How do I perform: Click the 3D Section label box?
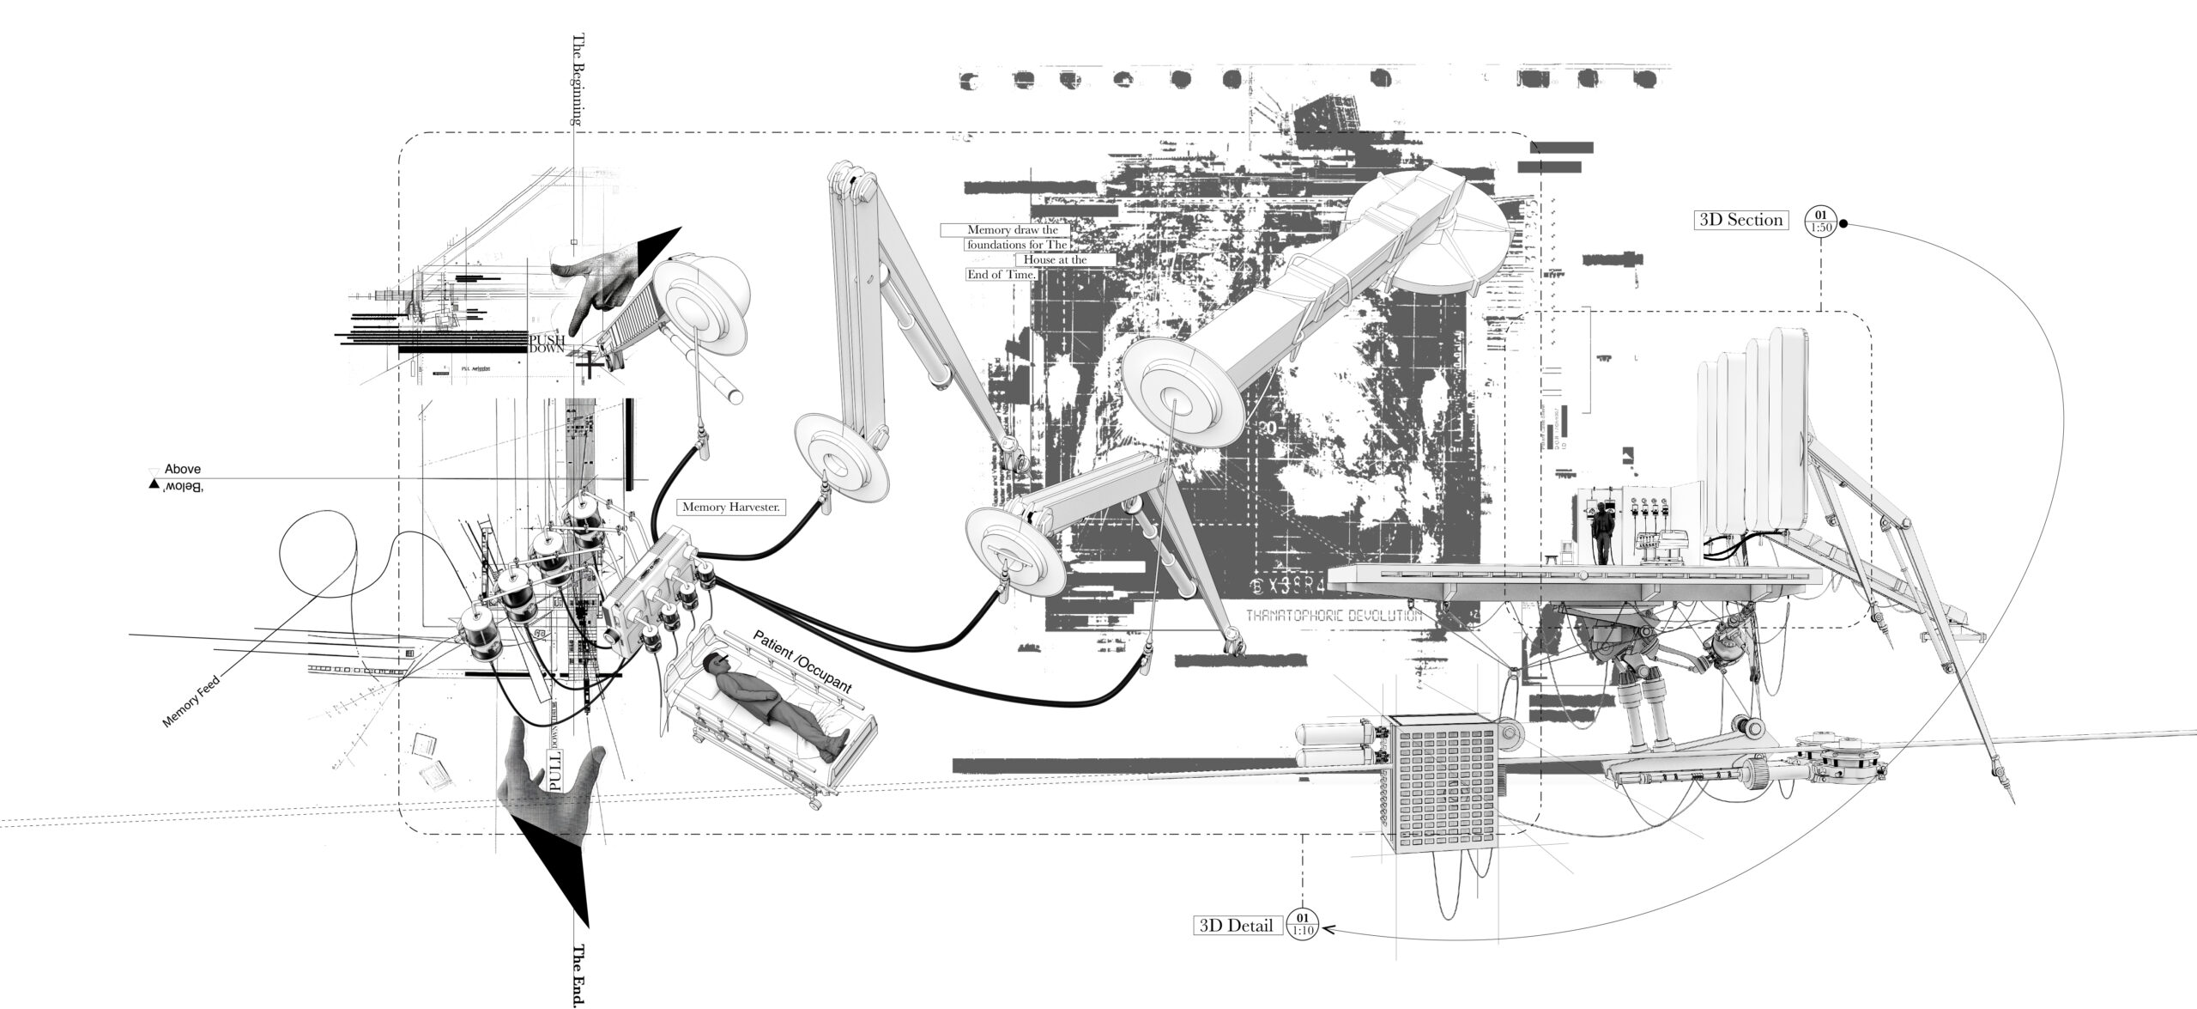pos(1740,220)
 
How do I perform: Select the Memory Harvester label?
pos(730,508)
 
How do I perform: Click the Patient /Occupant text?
pos(802,662)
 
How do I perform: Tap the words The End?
pos(578,976)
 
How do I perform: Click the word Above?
pos(182,470)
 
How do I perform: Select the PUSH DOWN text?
pos(547,344)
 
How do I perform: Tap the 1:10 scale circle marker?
pos(1302,925)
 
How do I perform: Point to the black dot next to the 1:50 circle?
pos(1843,225)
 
